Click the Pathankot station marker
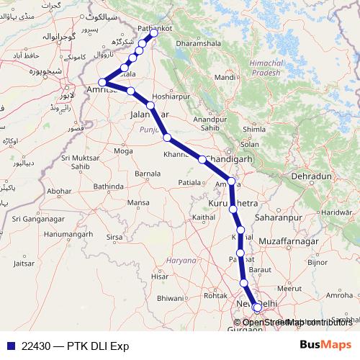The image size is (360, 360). click(x=153, y=33)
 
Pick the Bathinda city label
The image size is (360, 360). click(x=109, y=186)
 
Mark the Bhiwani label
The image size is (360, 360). click(x=171, y=297)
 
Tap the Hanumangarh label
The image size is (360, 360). click(x=68, y=234)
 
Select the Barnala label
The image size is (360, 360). click(x=148, y=174)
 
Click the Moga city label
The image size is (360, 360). click(x=123, y=151)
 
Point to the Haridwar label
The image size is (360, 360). click(x=334, y=212)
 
